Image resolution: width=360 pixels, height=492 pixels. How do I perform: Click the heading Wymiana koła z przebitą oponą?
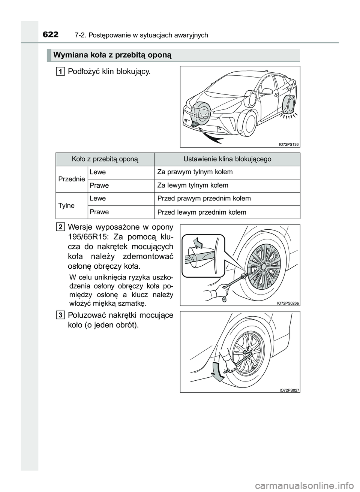pos(112,55)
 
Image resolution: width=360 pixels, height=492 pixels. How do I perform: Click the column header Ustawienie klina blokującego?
pos(227,159)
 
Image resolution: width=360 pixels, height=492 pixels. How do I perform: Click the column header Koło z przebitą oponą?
pos(105,159)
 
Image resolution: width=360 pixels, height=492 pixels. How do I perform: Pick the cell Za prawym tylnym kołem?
pos(195,172)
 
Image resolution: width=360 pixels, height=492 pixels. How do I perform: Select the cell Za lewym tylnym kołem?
pos(193,185)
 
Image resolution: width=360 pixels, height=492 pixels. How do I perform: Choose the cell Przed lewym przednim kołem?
pos(202,212)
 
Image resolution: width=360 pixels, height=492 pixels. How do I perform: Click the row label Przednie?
pos(71,179)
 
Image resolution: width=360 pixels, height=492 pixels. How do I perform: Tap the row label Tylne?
pos(66,205)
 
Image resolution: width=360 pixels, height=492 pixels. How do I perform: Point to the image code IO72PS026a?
pos(288,303)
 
